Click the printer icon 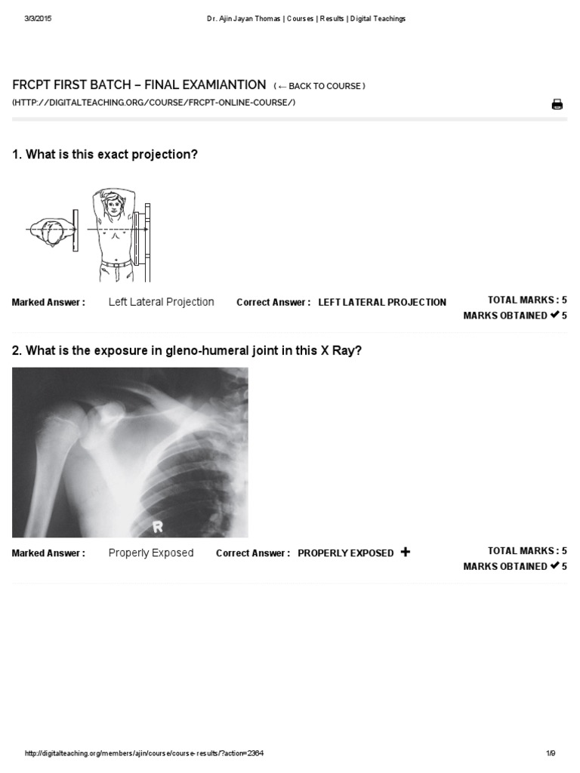coord(557,104)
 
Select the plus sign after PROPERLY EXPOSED coord(406,552)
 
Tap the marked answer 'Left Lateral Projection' coord(161,302)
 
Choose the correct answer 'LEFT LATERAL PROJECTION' coord(382,302)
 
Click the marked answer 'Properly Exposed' coord(151,553)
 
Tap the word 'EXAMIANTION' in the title coord(224,85)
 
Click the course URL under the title coord(154,103)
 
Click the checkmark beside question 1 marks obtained coord(554,315)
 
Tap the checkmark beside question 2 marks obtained coord(554,565)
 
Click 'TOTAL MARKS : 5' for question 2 coord(527,551)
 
